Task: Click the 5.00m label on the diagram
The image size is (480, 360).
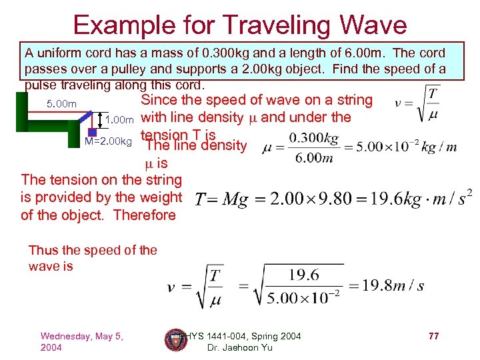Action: pos(61,103)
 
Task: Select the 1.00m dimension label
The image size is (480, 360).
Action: pos(121,120)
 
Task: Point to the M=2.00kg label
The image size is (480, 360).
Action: pos(109,141)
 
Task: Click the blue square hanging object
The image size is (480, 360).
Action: pos(93,132)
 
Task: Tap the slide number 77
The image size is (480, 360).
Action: pos(433,336)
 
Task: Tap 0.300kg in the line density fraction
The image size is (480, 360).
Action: pos(314,138)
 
